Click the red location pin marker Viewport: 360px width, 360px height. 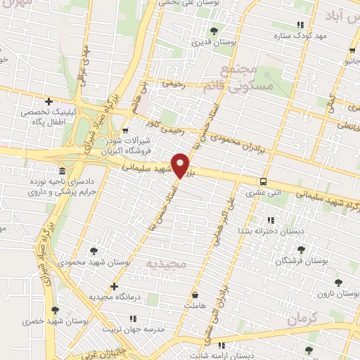(181, 165)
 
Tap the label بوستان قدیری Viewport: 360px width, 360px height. (214, 42)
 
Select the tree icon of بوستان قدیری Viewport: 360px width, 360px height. (214, 30)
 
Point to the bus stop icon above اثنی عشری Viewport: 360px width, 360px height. (263, 180)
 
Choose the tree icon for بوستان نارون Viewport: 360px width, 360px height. (339, 282)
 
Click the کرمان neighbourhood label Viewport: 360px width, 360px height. (309, 318)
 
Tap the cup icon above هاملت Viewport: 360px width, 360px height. (194, 295)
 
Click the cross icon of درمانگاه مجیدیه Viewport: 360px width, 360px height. (115, 286)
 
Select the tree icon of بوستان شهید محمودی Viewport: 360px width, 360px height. (94, 250)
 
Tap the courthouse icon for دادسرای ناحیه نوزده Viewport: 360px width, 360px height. (63, 172)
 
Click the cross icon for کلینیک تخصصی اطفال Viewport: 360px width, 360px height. (49, 101)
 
